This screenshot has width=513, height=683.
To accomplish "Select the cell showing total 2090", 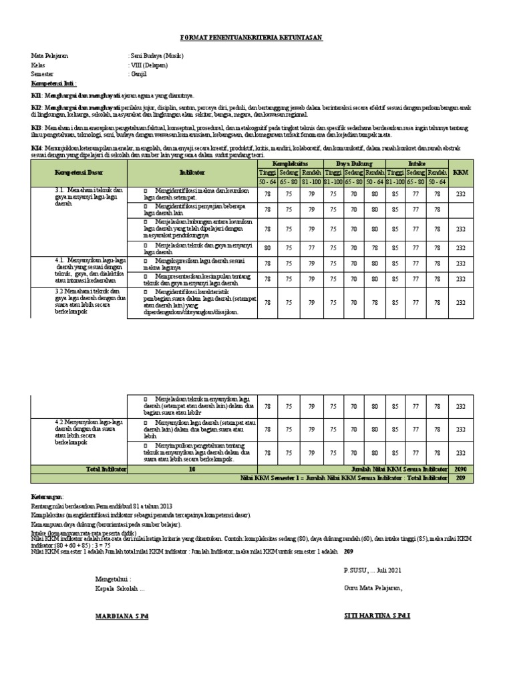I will pos(460,470).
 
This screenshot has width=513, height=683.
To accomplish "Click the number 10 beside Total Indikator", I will pos(192,470).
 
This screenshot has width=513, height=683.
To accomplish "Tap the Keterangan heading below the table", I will pos(47,498).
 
